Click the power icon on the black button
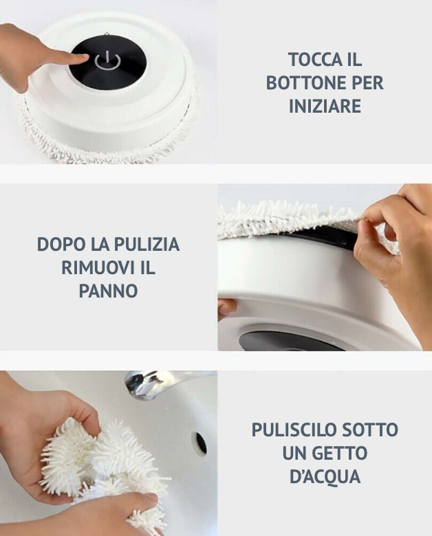coord(108,61)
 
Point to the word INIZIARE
coord(325,107)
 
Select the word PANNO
coord(109,291)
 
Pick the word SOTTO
coord(373,430)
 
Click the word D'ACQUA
coord(325,477)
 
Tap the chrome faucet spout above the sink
coord(148,383)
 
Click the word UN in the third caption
coord(294,454)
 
